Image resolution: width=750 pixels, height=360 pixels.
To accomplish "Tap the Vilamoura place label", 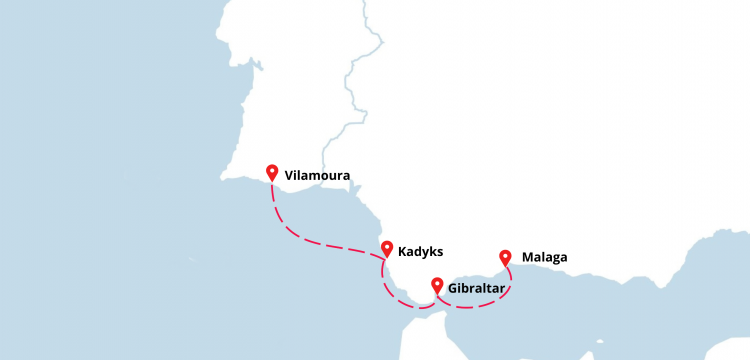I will (317, 176).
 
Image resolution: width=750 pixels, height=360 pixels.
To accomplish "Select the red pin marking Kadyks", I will (386, 248).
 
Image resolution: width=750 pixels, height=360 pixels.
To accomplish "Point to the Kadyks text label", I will (420, 252).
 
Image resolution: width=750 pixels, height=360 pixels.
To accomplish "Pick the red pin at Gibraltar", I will (437, 285).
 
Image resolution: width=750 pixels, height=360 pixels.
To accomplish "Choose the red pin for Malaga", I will (505, 256).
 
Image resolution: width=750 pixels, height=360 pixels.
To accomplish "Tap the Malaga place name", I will (544, 257).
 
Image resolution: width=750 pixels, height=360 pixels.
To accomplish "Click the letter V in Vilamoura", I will (288, 176).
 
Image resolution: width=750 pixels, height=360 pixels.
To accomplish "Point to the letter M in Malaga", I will (527, 257).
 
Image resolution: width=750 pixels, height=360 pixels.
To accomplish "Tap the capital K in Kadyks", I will (402, 252).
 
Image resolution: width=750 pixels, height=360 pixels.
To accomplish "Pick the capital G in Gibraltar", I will (454, 288).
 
